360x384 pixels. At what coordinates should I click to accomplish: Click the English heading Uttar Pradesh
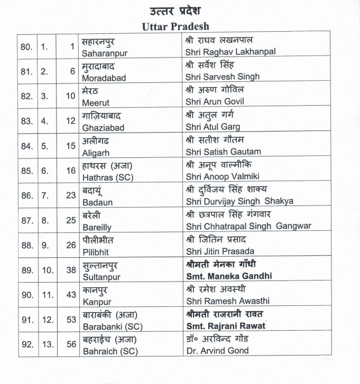pyautogui.click(x=176, y=26)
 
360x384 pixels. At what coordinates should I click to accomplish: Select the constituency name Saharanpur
pyautogui.click(x=105, y=53)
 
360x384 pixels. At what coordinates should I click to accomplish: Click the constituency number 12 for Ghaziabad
pyautogui.click(x=71, y=121)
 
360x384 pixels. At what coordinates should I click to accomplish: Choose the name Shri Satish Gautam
pyautogui.click(x=223, y=152)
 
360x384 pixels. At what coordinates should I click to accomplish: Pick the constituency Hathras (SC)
pyautogui.click(x=109, y=176)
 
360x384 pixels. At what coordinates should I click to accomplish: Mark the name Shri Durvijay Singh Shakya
pyautogui.click(x=239, y=201)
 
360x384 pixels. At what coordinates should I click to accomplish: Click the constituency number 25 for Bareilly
pyautogui.click(x=71, y=220)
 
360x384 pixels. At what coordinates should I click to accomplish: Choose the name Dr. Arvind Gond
pyautogui.click(x=217, y=350)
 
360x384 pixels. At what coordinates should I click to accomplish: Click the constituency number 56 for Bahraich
pyautogui.click(x=71, y=344)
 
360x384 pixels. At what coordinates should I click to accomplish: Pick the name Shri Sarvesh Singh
pyautogui.click(x=223, y=77)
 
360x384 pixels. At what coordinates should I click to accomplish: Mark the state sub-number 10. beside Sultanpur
pyautogui.click(x=48, y=270)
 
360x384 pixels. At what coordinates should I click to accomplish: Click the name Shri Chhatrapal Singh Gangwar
pyautogui.click(x=248, y=226)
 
